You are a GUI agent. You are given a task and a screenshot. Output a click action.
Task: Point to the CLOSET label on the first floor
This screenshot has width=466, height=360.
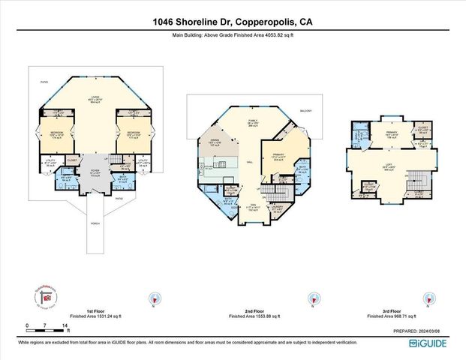[72, 160]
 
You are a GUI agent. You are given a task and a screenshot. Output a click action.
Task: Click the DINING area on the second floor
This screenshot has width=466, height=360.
[215, 142]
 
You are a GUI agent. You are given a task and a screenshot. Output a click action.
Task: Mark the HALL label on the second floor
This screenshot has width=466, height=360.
[248, 160]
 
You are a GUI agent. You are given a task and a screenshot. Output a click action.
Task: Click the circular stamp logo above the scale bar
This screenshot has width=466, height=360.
[46, 297]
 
